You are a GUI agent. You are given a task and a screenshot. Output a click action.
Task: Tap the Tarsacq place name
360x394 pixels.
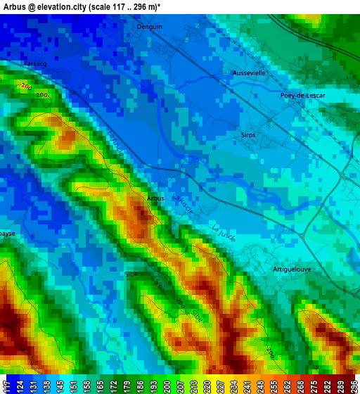pos(35,63)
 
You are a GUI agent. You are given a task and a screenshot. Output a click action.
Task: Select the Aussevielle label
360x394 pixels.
pos(249,72)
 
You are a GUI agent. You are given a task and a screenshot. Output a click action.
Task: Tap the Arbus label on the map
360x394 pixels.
pos(155,198)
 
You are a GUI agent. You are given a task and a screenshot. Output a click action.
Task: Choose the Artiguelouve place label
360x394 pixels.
pos(291,269)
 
